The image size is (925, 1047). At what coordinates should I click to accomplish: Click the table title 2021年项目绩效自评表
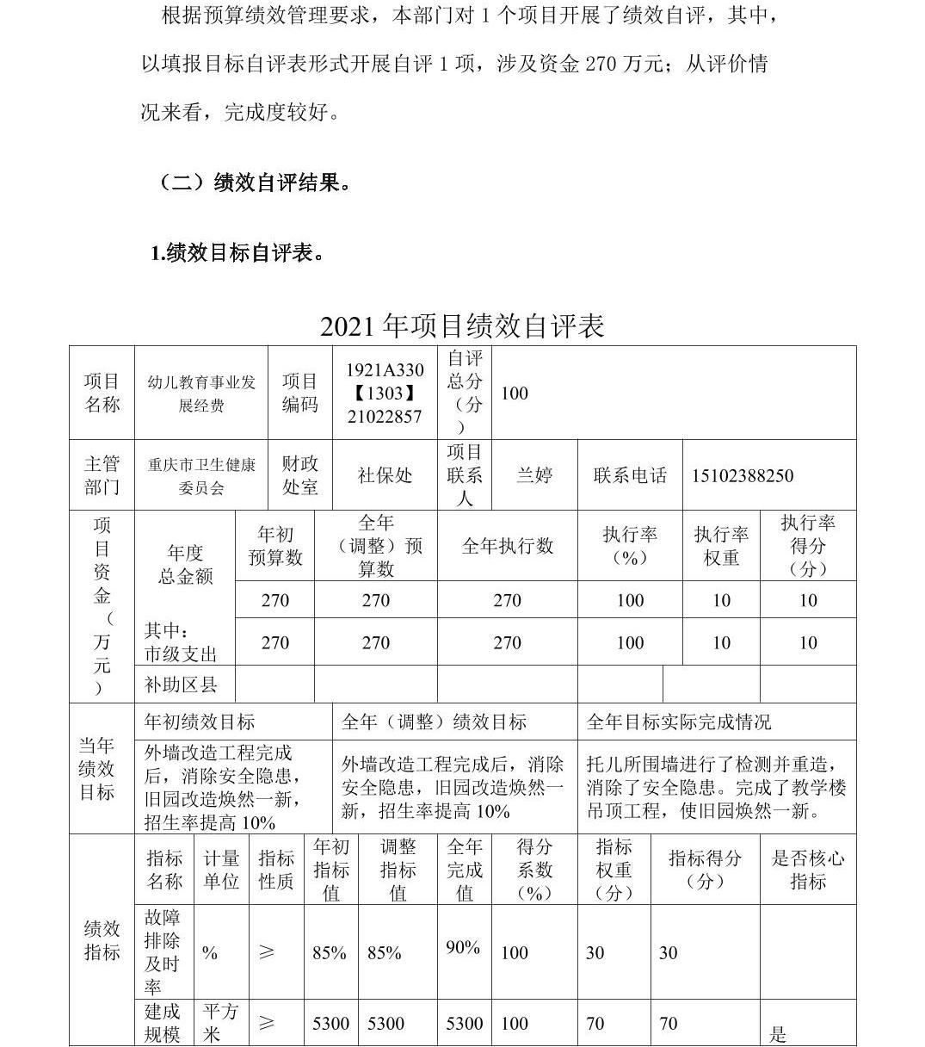point(462,325)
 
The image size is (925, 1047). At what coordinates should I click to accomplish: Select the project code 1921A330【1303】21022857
point(385,393)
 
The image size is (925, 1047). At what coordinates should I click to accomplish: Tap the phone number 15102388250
point(743,476)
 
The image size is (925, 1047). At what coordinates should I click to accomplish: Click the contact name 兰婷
point(533,475)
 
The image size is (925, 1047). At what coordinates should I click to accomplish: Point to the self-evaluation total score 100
point(515,393)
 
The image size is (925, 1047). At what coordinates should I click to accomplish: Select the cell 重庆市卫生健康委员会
point(201,476)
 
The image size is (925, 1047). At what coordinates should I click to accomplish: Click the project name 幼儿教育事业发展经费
point(201,393)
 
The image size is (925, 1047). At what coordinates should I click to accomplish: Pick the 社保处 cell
point(385,475)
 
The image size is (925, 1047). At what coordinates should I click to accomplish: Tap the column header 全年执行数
point(507,546)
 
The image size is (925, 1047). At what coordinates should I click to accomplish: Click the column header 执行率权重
point(721,546)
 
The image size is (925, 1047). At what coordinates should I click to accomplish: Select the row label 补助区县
point(181,685)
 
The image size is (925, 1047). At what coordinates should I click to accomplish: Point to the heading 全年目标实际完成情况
point(679,722)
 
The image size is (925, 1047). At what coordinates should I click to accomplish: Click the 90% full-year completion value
point(463,948)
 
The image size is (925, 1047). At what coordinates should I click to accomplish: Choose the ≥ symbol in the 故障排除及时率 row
point(267,952)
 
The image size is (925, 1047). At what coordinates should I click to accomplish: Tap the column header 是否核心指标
point(808,870)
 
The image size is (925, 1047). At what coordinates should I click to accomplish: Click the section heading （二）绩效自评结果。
point(256,183)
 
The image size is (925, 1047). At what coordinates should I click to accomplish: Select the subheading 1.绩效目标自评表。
point(237,253)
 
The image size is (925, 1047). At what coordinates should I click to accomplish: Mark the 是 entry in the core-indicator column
point(778,1034)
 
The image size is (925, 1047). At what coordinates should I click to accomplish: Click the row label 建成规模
point(163,1023)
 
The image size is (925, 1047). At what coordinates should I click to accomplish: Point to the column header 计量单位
point(221,870)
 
